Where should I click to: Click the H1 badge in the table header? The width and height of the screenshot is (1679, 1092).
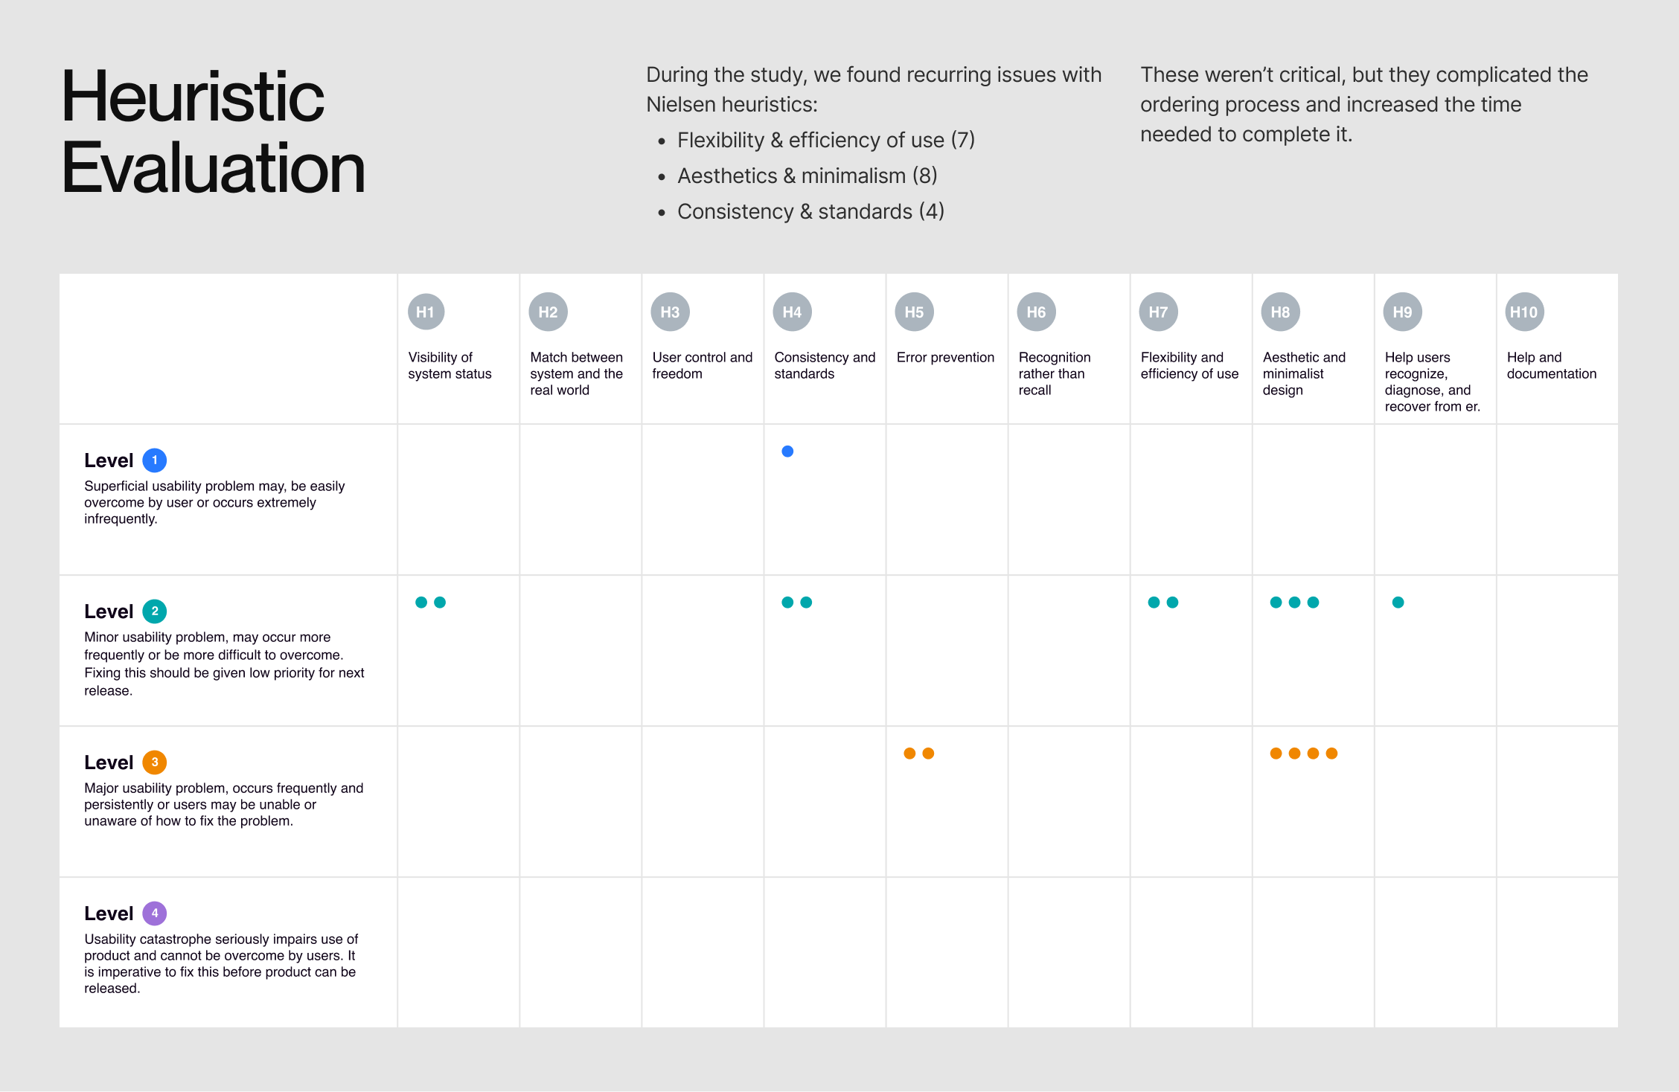click(x=426, y=312)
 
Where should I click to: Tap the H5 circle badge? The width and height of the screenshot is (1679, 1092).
click(x=914, y=312)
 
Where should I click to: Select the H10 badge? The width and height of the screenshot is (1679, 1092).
click(x=1524, y=312)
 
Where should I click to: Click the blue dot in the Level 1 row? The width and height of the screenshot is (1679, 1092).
click(x=787, y=452)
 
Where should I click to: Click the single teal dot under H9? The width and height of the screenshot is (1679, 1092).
click(x=1398, y=603)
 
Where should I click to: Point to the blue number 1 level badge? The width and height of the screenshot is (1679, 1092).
click(x=155, y=460)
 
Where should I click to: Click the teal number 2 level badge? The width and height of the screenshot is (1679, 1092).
click(x=155, y=611)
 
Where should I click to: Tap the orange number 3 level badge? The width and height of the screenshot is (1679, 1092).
click(x=155, y=762)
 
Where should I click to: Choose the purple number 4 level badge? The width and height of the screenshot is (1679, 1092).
click(x=155, y=913)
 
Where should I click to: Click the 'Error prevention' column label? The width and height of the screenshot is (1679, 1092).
click(x=945, y=358)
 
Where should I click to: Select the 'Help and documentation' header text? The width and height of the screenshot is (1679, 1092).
click(x=1552, y=366)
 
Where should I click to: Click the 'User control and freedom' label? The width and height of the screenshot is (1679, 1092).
click(x=703, y=366)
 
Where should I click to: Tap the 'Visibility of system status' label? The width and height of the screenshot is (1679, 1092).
click(x=450, y=366)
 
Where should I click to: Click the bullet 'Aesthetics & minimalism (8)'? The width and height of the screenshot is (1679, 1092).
click(x=807, y=176)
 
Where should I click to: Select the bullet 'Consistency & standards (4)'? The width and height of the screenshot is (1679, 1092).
click(x=810, y=212)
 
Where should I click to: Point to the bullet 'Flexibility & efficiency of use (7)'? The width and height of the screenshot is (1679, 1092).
click(x=826, y=141)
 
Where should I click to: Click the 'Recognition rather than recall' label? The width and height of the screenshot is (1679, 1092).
click(x=1055, y=374)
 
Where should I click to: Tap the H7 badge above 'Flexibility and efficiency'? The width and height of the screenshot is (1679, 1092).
click(x=1158, y=312)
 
